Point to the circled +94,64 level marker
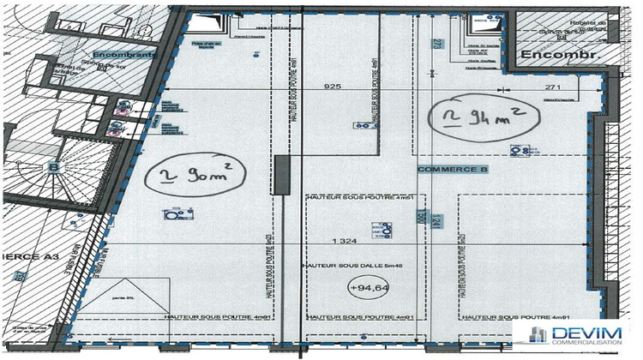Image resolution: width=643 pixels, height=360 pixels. [x=367, y=289]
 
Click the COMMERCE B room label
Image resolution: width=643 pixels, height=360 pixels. [x=452, y=171]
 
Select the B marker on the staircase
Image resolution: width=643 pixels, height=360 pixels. [x=55, y=166]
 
